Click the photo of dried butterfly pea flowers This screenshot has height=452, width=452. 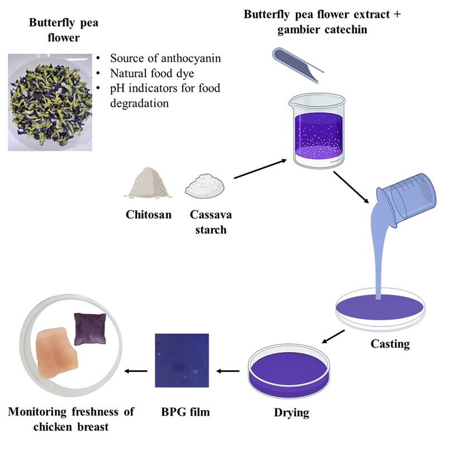(45, 99)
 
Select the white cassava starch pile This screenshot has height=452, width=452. (207, 184)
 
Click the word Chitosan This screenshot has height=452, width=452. (147, 214)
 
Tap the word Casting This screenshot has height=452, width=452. (390, 344)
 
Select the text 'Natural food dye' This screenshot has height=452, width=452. (146, 73)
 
